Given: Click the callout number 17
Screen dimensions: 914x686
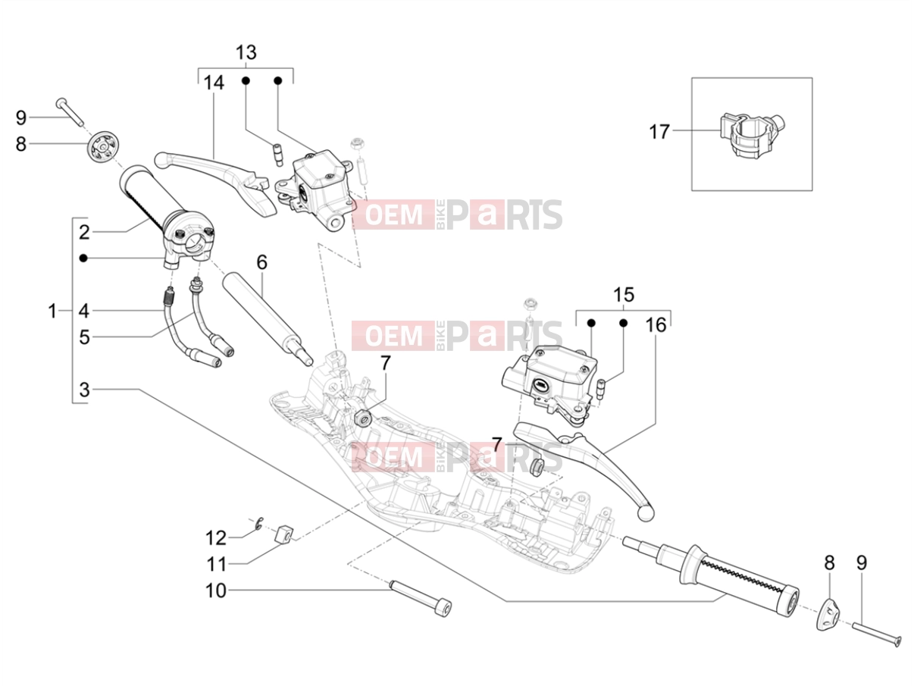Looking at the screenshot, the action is [659, 132].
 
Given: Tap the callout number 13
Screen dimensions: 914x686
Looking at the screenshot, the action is [246, 53].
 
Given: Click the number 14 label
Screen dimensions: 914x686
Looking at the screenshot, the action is [214, 83].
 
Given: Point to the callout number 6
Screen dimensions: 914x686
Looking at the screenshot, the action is [261, 262].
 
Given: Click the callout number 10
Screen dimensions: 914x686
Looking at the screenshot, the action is [216, 590].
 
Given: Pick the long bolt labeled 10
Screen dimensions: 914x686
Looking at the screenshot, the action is [420, 600].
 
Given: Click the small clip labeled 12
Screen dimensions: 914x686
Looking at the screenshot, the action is [259, 524].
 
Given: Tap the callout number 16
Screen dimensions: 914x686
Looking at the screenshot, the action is [656, 325].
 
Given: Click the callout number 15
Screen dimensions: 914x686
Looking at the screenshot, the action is [624, 295].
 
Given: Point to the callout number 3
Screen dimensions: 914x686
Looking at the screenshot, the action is [84, 390].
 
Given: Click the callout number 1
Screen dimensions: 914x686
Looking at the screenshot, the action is [52, 311].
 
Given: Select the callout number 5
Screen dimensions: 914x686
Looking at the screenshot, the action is [84, 337].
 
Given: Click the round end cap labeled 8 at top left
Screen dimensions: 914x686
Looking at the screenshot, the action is [102, 148].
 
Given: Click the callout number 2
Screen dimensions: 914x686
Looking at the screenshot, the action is [84, 232].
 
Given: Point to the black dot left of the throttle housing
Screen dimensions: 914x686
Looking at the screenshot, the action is [83, 258].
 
